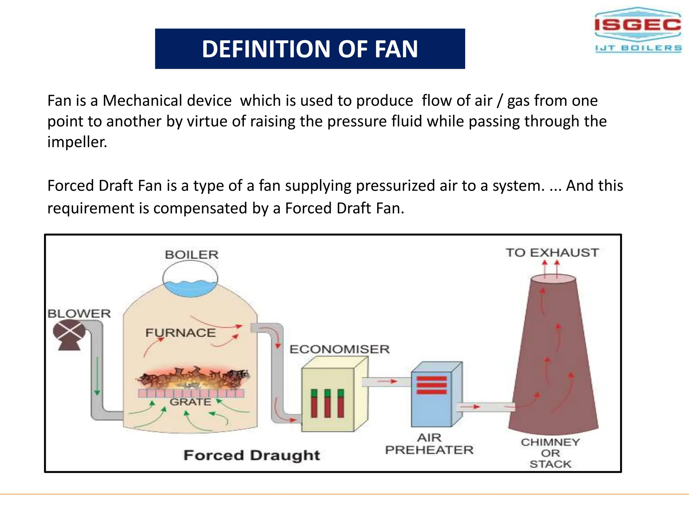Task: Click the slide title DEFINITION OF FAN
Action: tap(310, 49)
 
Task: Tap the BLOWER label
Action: tap(79, 314)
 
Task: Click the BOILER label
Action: tap(191, 255)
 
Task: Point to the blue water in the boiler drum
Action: tap(190, 288)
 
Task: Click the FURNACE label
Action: tap(181, 333)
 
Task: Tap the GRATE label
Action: tap(190, 402)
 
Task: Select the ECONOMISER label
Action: tap(339, 349)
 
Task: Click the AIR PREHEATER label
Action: tap(429, 444)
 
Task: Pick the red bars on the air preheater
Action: tap(432, 385)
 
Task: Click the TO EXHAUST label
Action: tap(552, 253)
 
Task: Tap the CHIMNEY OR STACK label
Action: tap(550, 453)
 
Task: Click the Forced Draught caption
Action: tap(252, 455)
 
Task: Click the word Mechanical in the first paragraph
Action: tap(167, 101)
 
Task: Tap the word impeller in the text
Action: tap(77, 142)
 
